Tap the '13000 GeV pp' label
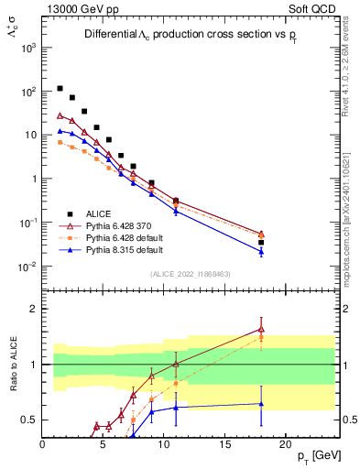[x=77, y=7]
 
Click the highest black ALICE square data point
[x=60, y=89]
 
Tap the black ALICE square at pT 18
[x=261, y=243]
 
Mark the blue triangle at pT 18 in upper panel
[x=261, y=252]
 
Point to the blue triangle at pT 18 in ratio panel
[x=261, y=403]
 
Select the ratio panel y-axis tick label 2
[x=33, y=309]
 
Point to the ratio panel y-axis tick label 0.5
[x=29, y=420]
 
